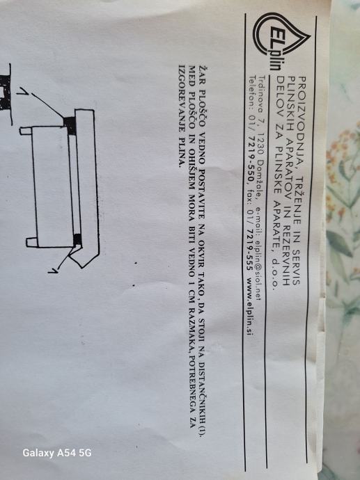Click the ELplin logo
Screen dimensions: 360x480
[281, 42]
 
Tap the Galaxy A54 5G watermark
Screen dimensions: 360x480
[57, 453]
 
